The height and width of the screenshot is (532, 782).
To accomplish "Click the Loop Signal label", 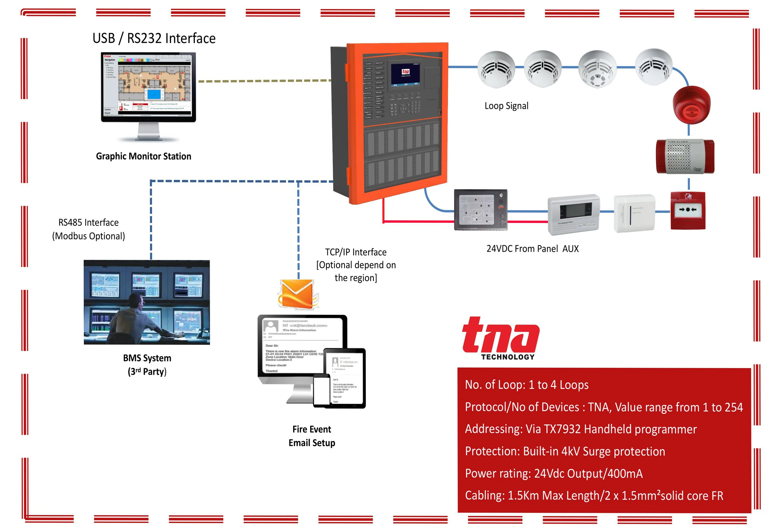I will tap(506, 106).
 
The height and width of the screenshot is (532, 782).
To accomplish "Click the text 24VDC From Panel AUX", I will tap(532, 249).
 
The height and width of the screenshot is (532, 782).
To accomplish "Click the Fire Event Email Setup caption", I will tap(312, 436).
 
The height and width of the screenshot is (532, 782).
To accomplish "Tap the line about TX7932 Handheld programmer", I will tap(580, 429).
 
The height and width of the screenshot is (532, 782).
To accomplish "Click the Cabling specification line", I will tap(594, 496).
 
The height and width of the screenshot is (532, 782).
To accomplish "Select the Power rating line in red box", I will tap(554, 473).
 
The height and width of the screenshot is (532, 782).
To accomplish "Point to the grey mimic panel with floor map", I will tap(480, 209).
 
